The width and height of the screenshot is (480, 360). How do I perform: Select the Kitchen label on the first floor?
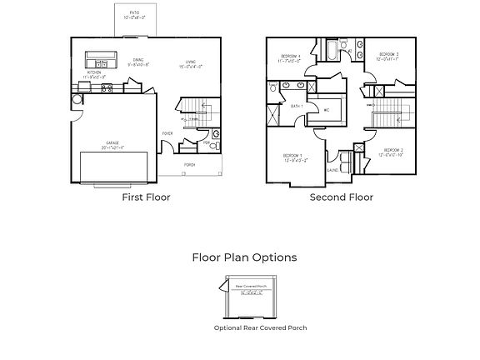(x=95, y=74)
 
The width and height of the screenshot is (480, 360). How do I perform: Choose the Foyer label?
(x=167, y=132)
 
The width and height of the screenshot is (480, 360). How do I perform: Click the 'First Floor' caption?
(x=146, y=197)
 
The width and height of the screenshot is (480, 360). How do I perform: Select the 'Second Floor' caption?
(x=342, y=197)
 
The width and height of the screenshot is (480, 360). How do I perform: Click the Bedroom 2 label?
(x=392, y=152)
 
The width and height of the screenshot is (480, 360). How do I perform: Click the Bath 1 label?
(x=295, y=106)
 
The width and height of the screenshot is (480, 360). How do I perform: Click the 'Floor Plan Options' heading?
(x=243, y=257)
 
